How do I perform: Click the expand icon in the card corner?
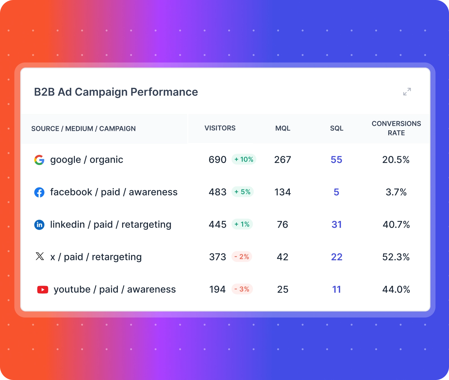(407, 92)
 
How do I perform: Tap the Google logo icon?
(39, 160)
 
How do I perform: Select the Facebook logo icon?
(39, 192)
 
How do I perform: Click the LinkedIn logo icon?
(39, 225)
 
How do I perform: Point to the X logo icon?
(40, 256)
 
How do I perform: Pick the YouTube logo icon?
(43, 289)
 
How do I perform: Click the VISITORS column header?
(220, 128)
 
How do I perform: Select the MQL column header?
(283, 128)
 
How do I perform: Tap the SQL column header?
(336, 128)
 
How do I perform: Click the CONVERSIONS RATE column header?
(396, 128)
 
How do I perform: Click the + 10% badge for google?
(244, 159)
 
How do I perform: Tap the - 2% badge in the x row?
(242, 257)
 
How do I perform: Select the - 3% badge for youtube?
(242, 289)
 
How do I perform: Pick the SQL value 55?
(336, 160)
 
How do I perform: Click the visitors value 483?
(217, 192)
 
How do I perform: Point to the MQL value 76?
(282, 225)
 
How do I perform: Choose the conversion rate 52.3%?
(396, 257)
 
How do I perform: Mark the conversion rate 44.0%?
(396, 289)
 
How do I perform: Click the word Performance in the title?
(164, 92)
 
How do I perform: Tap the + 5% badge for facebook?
(243, 192)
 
